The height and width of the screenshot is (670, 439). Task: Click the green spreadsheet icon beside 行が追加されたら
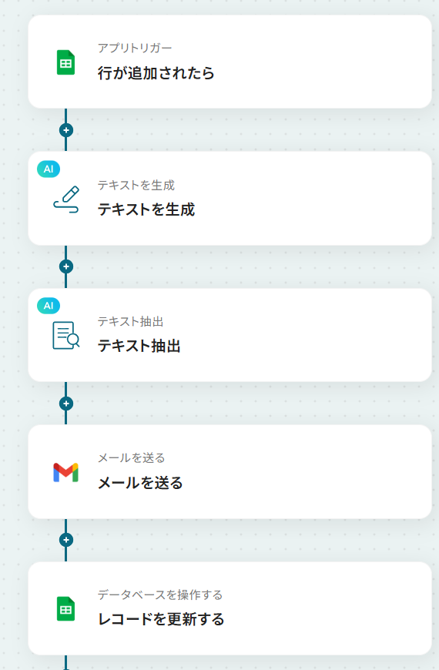(65, 62)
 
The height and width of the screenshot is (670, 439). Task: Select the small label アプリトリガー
(135, 48)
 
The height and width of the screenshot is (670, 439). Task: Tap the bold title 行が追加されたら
(156, 73)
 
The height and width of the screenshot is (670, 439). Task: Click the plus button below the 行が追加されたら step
(65, 130)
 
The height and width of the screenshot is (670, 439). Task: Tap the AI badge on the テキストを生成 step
(49, 169)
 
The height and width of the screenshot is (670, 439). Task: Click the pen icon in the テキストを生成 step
(66, 199)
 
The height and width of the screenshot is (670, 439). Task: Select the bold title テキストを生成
(146, 209)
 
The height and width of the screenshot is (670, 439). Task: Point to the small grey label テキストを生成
(136, 185)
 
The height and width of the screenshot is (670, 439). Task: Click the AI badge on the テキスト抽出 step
(49, 306)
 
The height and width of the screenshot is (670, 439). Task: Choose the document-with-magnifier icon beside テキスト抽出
(66, 336)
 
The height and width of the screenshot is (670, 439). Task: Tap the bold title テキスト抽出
(139, 346)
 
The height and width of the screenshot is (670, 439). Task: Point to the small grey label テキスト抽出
(130, 321)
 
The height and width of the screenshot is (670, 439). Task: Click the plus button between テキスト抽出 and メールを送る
(65, 404)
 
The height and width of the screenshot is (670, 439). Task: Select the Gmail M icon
(65, 472)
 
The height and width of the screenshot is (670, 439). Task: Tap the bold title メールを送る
(140, 483)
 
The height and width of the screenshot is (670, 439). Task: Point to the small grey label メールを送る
(131, 458)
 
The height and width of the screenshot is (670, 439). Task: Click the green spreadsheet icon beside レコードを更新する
(65, 608)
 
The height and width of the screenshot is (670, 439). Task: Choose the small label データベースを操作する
(160, 595)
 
